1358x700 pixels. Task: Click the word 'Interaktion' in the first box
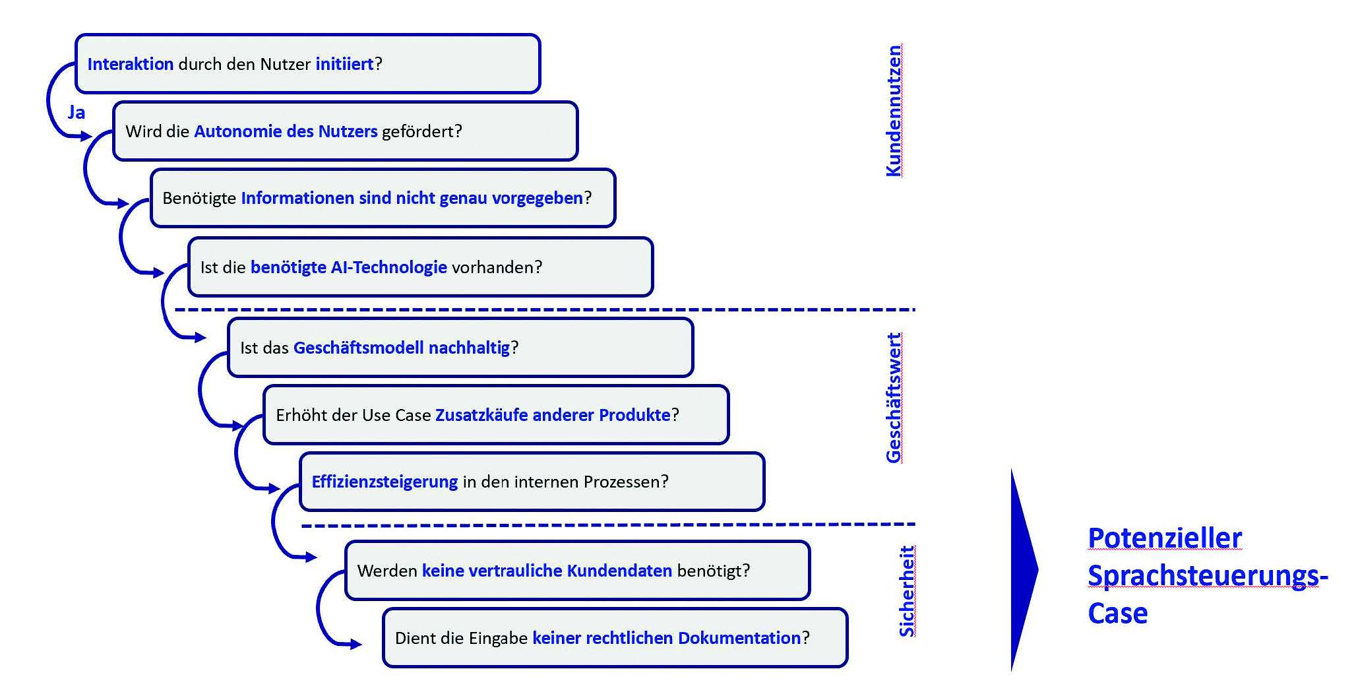pos(130,64)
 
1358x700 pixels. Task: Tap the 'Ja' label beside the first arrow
pos(77,112)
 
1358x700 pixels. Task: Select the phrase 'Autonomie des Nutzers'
pos(286,131)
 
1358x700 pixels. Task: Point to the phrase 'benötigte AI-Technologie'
pos(348,267)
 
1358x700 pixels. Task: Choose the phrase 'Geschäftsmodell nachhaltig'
pos(401,348)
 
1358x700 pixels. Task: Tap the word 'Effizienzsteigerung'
pos(385,482)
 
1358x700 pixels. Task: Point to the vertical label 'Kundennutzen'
pos(893,111)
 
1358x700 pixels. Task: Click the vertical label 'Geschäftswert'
pos(893,398)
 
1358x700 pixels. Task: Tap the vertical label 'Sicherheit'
pos(907,591)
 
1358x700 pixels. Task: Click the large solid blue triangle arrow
pos(1022,570)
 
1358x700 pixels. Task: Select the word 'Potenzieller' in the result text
pos(1165,538)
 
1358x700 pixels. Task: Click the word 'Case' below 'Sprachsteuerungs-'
pos(1117,614)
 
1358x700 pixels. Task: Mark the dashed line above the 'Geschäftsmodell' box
pos(544,309)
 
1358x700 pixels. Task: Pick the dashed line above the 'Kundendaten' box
pos(607,525)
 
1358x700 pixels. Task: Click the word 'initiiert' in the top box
pos(344,64)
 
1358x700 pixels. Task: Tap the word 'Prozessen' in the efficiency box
pos(624,482)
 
